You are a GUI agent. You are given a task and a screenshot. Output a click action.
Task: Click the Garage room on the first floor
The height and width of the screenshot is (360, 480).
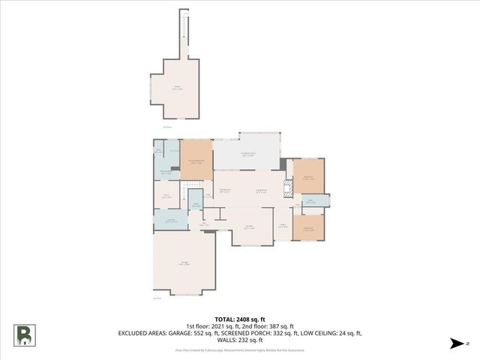click(184, 263)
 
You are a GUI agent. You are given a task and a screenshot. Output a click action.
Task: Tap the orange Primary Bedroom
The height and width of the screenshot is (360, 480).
click(196, 160)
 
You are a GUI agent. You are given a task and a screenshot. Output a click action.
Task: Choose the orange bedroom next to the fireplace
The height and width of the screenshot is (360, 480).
click(308, 178)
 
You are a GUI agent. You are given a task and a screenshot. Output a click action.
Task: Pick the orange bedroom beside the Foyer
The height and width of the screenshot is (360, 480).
click(308, 228)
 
